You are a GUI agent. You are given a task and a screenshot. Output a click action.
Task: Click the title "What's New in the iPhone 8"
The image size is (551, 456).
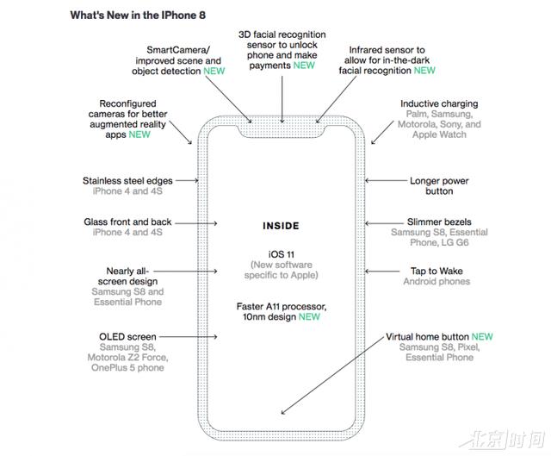[138, 16]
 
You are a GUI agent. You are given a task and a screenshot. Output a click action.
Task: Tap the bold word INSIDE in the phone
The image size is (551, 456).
[281, 226]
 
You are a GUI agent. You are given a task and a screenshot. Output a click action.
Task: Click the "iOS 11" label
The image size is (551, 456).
[282, 254]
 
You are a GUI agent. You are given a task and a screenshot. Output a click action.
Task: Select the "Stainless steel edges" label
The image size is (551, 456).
[127, 181]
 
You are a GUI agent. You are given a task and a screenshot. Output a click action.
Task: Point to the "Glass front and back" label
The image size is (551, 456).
[127, 222]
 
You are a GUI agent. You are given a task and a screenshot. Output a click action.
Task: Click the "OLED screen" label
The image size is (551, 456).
[127, 337]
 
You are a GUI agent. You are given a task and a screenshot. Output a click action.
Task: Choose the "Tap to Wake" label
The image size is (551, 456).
[436, 271]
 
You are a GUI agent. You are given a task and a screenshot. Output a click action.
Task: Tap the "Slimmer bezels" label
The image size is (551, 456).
[439, 222]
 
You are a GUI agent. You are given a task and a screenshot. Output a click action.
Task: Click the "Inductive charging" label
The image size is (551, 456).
[439, 103]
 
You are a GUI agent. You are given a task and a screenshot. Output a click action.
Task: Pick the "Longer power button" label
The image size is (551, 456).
[439, 186]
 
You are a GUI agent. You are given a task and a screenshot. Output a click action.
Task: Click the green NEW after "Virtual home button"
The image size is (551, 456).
[482, 337]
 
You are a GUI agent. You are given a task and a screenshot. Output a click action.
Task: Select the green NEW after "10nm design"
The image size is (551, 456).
[309, 316]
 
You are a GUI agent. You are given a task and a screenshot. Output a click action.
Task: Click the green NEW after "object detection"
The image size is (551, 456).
[214, 71]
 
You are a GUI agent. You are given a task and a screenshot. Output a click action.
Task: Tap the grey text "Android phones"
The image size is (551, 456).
[436, 282]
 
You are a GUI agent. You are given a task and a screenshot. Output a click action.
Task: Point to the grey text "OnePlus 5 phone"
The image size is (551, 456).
[127, 368]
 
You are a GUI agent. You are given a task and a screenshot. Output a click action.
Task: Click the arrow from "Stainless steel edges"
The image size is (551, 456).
[187, 180]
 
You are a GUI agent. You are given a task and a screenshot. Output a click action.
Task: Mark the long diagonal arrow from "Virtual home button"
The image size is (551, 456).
[332, 375]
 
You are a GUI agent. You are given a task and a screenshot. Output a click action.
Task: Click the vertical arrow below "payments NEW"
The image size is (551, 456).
[282, 99]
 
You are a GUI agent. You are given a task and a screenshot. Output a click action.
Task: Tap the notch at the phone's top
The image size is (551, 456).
[282, 130]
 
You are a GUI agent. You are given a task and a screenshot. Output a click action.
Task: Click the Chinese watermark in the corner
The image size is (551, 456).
[503, 439]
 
